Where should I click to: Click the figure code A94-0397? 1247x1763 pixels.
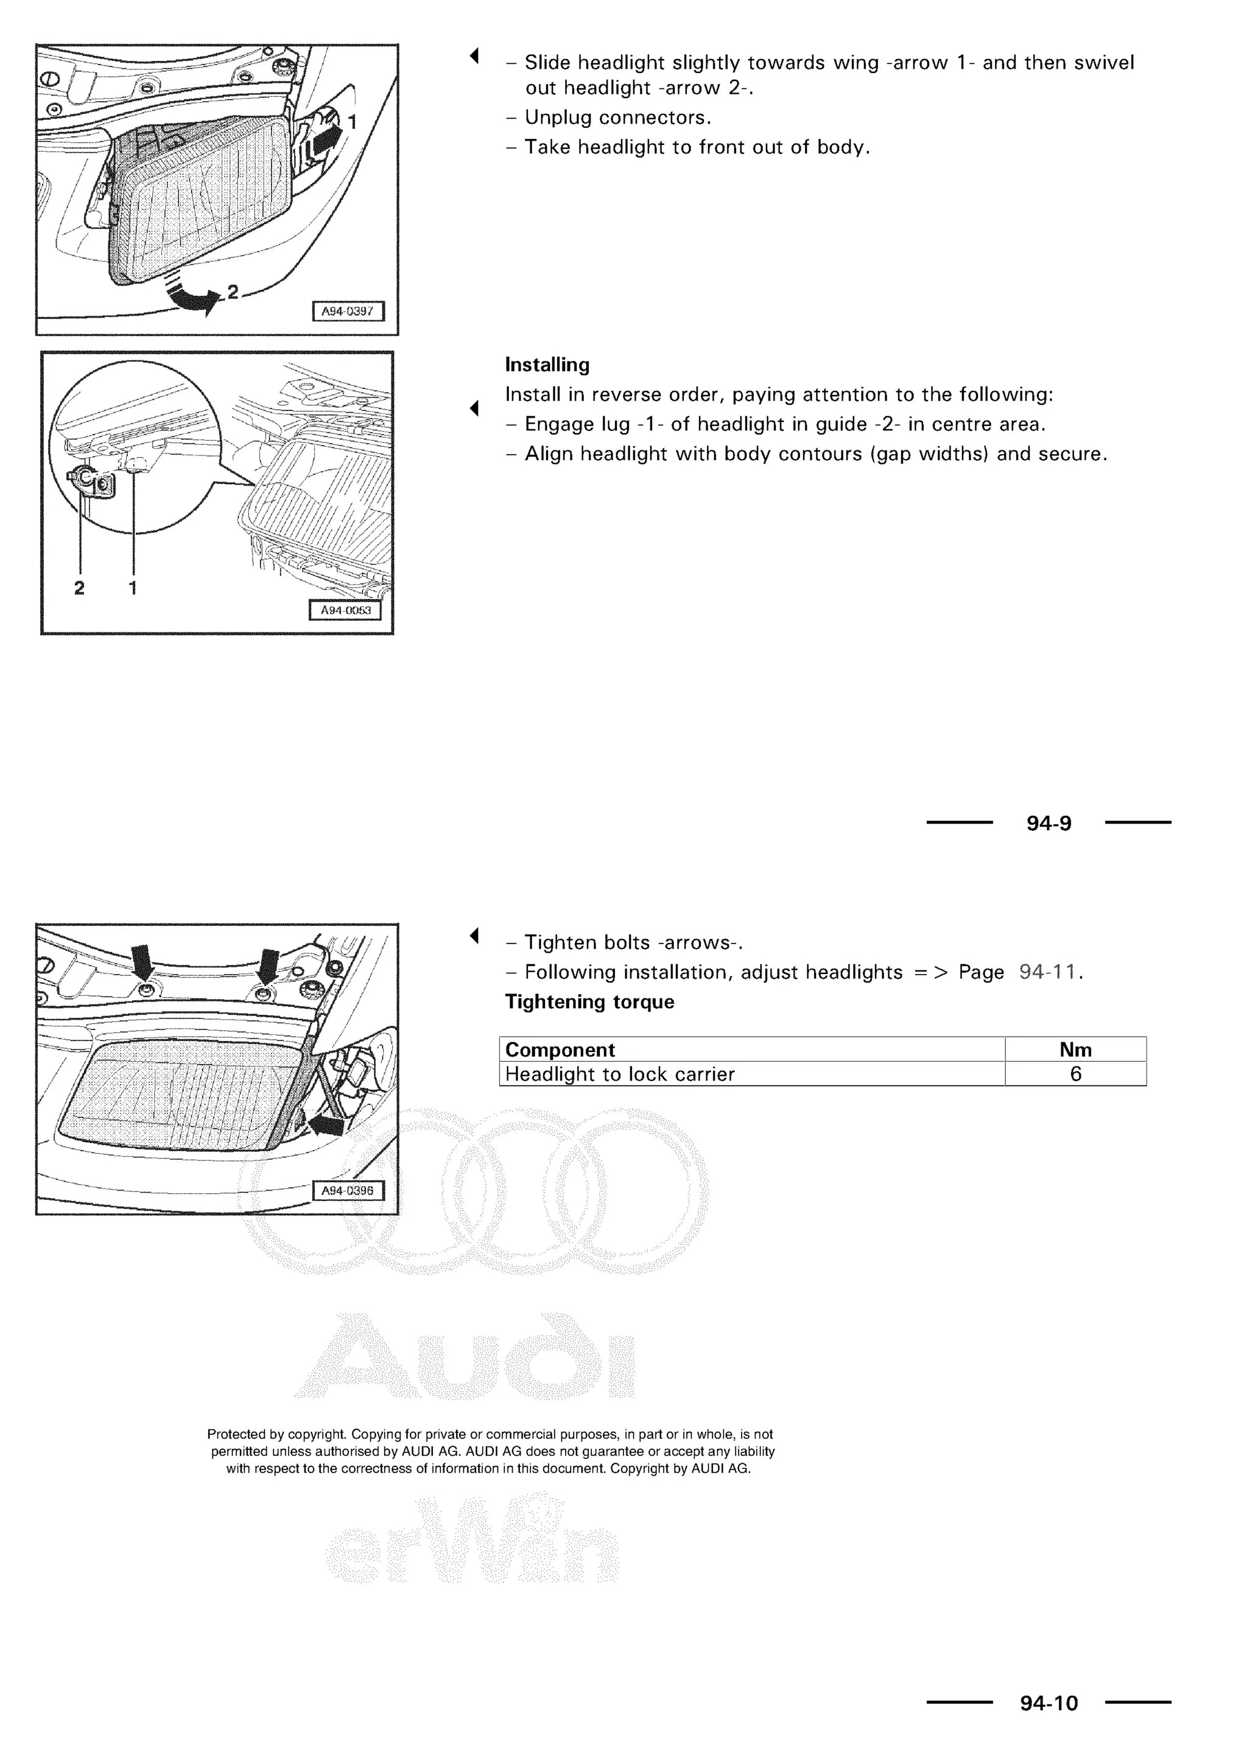[x=347, y=311]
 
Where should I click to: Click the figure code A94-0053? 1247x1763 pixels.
[x=345, y=611]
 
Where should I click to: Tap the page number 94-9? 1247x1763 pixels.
[x=1049, y=824]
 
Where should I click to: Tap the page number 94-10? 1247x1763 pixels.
[x=1049, y=1704]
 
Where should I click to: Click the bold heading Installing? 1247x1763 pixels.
[x=547, y=365]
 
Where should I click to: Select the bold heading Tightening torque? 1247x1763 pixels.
[x=589, y=1002]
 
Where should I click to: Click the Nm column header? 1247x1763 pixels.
[x=1075, y=1050]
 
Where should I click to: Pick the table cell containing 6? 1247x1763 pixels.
[x=1075, y=1074]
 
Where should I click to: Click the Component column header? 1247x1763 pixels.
[x=560, y=1050]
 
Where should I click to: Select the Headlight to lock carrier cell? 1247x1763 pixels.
[x=620, y=1074]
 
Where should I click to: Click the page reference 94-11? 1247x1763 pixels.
[x=1047, y=973]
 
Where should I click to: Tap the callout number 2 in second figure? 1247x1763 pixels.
[x=79, y=588]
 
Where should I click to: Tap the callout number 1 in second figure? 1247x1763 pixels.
[x=133, y=588]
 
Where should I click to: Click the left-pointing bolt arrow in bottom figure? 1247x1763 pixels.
[x=326, y=1126]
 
